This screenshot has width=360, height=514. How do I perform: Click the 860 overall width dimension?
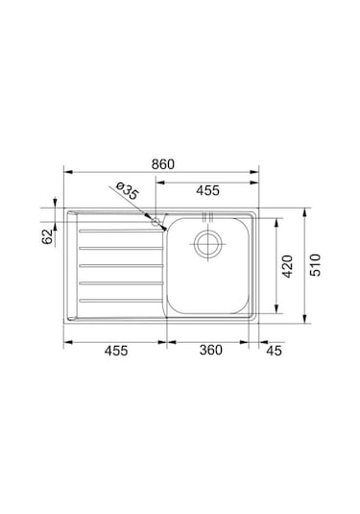tap(163, 164)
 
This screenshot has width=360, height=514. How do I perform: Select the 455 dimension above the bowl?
tap(207, 190)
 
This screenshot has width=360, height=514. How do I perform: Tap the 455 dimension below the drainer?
tap(116, 351)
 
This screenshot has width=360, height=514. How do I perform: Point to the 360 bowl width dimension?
tap(211, 350)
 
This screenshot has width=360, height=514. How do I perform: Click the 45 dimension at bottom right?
tap(274, 351)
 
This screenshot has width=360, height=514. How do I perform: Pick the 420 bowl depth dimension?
tap(287, 266)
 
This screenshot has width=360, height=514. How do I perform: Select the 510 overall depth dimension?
tap(316, 265)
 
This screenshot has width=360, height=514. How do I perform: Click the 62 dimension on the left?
tap(47, 236)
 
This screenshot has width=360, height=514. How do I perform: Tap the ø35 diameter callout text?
tap(128, 191)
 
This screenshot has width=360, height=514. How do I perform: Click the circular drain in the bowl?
tap(207, 245)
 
